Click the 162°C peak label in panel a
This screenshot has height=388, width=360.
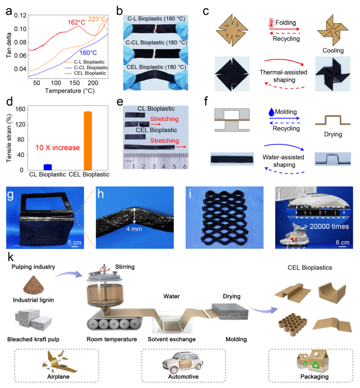coord(76,22)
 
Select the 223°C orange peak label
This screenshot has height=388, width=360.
coord(97,19)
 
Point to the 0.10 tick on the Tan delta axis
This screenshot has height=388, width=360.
coord(20,29)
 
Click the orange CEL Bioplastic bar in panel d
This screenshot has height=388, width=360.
coord(88,141)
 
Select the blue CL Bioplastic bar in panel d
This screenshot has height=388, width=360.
coord(48,167)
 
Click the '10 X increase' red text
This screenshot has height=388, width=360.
coord(58,148)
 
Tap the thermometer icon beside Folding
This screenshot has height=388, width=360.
coord(271,23)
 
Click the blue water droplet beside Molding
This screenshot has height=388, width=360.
coord(271,112)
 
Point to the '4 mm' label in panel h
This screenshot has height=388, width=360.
coord(134,229)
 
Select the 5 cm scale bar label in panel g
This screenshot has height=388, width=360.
coord(75,242)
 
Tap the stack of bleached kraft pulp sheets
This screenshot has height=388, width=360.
coord(33,320)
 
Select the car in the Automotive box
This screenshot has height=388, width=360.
coord(183,363)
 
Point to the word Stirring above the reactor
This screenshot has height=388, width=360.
coord(125,267)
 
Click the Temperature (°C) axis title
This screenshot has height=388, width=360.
coord(70,91)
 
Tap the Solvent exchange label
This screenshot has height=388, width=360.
coord(172,339)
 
